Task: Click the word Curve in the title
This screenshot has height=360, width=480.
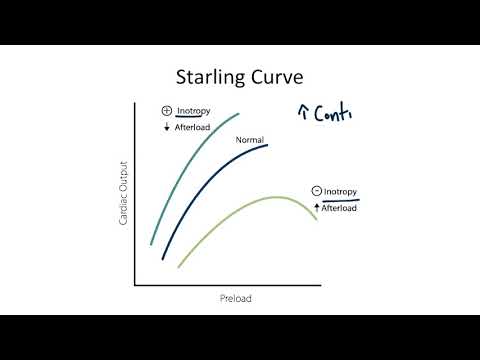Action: pyautogui.click(x=279, y=76)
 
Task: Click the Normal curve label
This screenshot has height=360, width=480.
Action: pyautogui.click(x=249, y=140)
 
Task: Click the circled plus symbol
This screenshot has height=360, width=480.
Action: pyautogui.click(x=167, y=111)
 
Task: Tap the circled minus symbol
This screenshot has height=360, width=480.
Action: pyautogui.click(x=315, y=191)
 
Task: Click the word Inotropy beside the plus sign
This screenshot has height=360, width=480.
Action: pyautogui.click(x=195, y=111)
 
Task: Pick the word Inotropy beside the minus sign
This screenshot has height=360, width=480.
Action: pyautogui.click(x=341, y=191)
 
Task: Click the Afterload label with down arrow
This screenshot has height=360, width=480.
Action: pyautogui.click(x=196, y=127)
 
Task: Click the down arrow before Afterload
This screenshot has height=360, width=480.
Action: pyautogui.click(x=167, y=127)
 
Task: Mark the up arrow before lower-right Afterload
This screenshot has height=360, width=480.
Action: pyautogui.click(x=316, y=207)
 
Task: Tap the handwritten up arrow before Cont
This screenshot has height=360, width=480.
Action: pyautogui.click(x=303, y=113)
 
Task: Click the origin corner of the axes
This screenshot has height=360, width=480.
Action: pyautogui.click(x=134, y=286)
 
